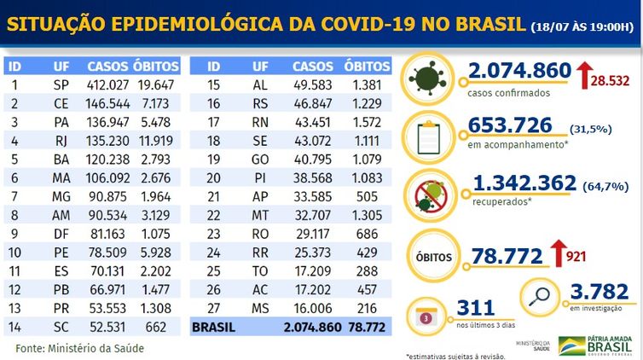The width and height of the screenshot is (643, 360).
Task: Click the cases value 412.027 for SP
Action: (108, 84)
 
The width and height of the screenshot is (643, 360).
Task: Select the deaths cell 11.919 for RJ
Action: (158, 137)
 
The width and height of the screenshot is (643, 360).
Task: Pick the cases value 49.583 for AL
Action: (313, 84)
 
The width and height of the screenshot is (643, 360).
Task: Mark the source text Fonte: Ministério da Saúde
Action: (79, 348)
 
